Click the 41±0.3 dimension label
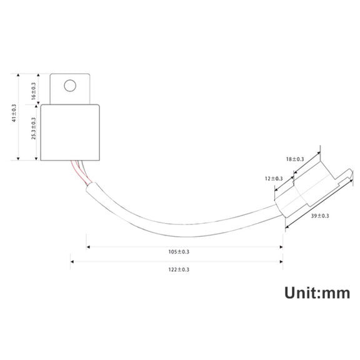(14, 113)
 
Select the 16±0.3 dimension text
(34, 91)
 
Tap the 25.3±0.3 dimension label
(34, 129)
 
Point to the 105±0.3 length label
(179, 252)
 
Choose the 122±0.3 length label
(179, 269)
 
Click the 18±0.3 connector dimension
(295, 159)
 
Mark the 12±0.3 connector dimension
(274, 179)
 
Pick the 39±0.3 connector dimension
(320, 216)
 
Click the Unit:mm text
(317, 293)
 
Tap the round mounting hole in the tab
(70, 86)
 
